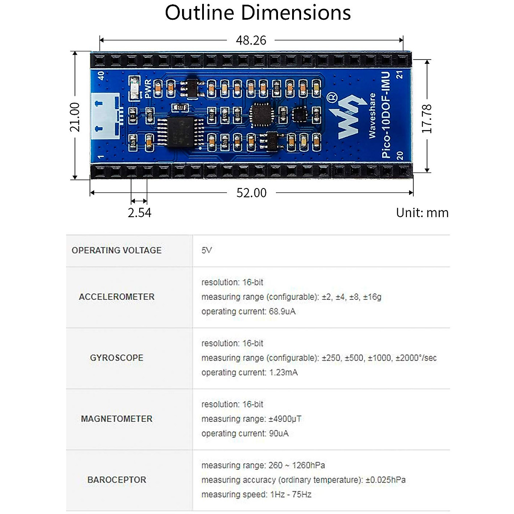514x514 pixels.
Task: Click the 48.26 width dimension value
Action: pos(251,40)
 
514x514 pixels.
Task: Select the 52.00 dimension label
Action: pos(251,193)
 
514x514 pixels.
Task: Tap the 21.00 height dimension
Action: pos(75,117)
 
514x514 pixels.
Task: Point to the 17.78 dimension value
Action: pos(427,119)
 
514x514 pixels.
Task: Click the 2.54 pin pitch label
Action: pos(140,212)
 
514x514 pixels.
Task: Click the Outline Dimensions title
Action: pos(258,13)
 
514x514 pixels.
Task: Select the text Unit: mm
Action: pos(422,212)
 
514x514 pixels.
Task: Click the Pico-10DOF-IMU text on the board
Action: pos(386,115)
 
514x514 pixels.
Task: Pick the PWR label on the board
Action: pos(148,89)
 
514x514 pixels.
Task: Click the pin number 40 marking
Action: pos(101,75)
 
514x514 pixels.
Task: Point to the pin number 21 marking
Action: pos(400,75)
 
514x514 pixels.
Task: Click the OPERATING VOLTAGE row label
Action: pos(117,251)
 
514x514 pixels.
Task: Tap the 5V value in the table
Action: pos(206,251)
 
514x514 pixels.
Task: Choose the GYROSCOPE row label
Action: pos(117,358)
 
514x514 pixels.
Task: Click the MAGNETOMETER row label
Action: pos(117,419)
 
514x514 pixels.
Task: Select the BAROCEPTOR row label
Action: pos(117,480)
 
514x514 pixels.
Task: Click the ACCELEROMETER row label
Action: pos(117,297)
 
